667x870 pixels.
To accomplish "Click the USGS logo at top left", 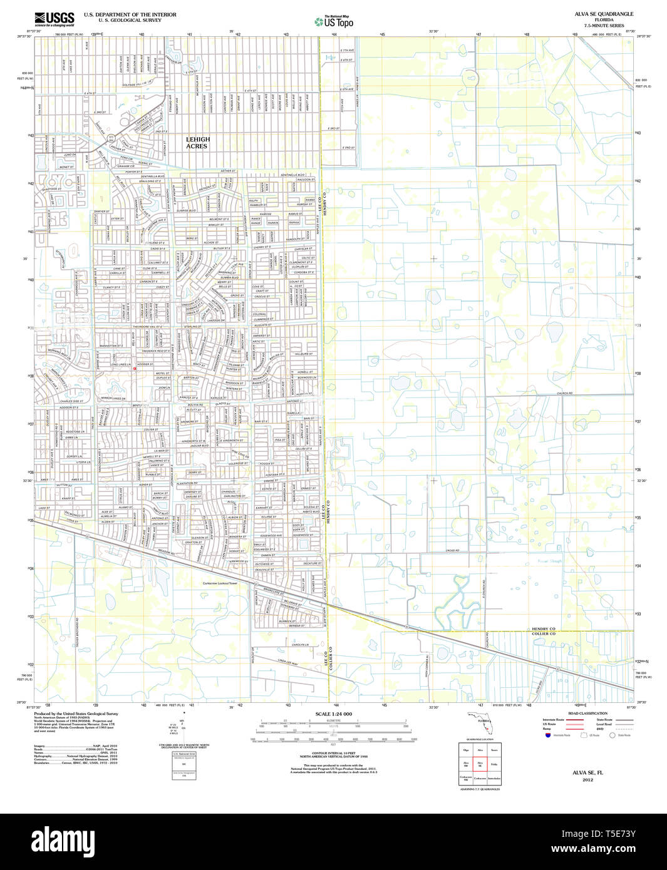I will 54,18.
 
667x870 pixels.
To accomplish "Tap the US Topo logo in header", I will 334,22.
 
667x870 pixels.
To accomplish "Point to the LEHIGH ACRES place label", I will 197,143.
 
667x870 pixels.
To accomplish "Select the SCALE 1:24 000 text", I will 334,714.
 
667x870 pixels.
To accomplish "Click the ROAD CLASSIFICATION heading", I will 587,714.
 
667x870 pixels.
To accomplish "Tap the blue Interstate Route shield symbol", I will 547,735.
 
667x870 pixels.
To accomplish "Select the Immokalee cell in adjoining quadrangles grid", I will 494,778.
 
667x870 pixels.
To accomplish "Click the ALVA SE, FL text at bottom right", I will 587,773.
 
